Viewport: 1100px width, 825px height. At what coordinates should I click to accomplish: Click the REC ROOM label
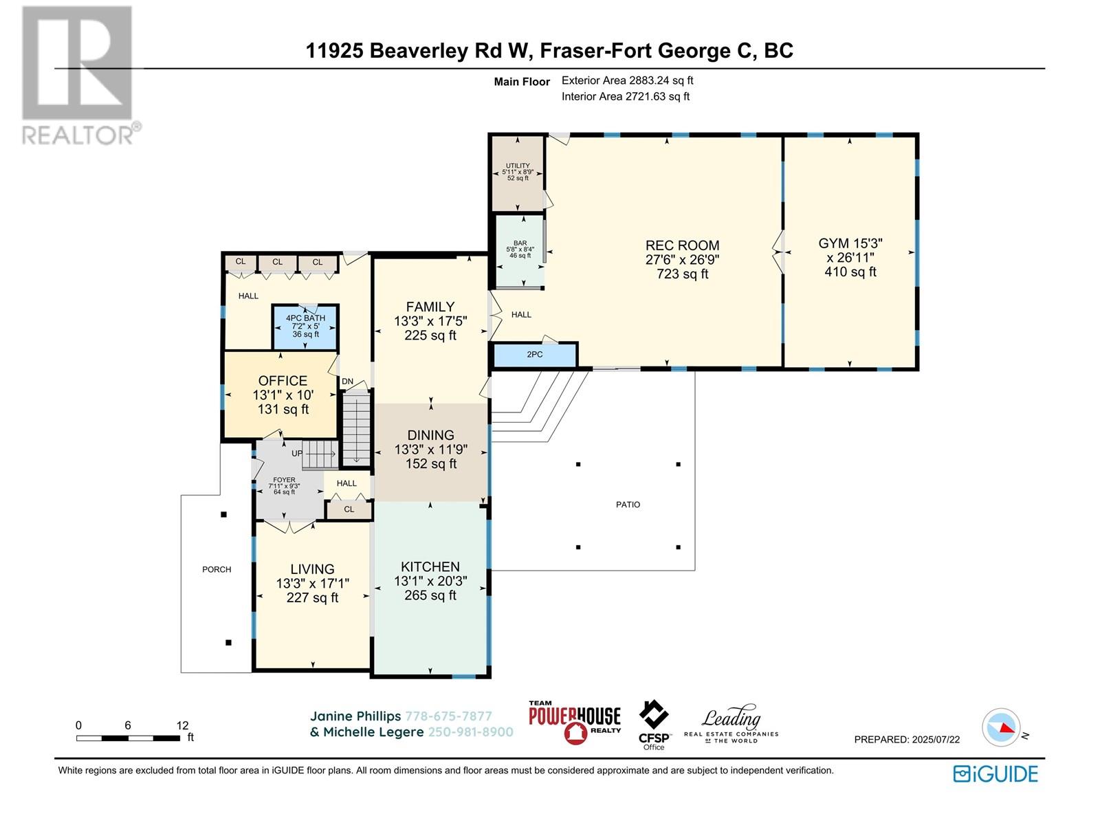[x=682, y=245]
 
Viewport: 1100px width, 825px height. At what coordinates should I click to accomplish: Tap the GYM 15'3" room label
[x=850, y=243]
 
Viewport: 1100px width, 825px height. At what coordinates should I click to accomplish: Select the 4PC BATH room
[x=305, y=327]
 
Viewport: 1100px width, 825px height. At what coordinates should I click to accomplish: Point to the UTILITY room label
[x=518, y=165]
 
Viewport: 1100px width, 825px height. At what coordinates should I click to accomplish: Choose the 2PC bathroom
[x=535, y=355]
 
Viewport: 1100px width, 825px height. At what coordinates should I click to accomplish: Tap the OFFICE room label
[x=283, y=381]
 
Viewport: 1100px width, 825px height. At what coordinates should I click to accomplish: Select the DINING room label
[x=430, y=435]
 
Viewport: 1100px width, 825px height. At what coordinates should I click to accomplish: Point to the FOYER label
[x=284, y=480]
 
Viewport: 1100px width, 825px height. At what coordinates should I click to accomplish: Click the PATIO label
[x=628, y=505]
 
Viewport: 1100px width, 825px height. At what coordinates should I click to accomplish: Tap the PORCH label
[x=217, y=569]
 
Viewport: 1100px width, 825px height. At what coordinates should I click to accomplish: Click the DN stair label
[x=347, y=382]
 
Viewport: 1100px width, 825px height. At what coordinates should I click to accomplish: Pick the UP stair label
[x=297, y=454]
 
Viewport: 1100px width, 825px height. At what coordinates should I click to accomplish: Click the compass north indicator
[x=1005, y=728]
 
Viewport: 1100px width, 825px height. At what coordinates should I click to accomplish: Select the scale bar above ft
[x=128, y=738]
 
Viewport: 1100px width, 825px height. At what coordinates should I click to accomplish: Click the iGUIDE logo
[x=995, y=774]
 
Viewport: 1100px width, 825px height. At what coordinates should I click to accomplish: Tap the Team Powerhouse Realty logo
[x=575, y=723]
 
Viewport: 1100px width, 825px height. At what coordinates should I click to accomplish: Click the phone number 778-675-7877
[x=448, y=716]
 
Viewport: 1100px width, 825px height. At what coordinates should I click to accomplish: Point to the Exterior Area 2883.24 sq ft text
[x=628, y=80]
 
